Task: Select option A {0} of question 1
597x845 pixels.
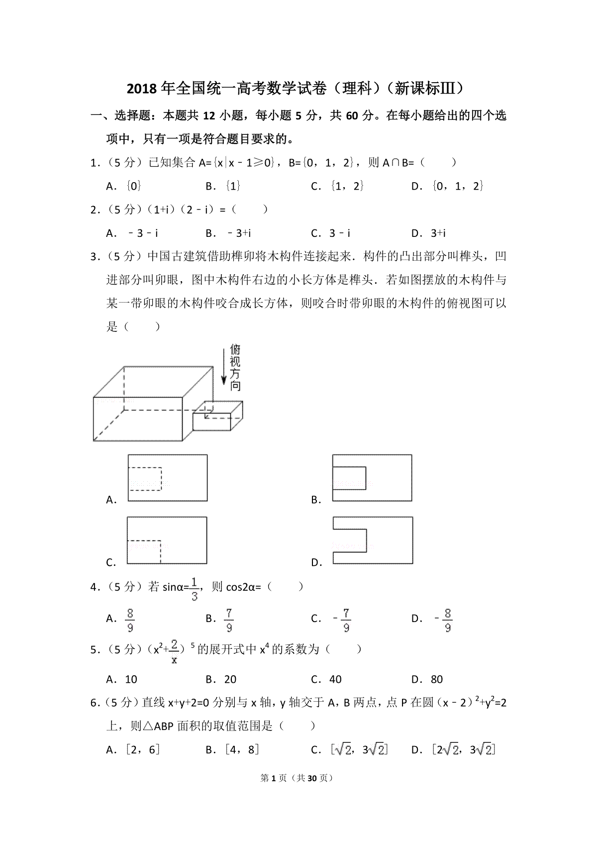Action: click(x=124, y=186)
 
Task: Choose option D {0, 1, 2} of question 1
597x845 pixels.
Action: click(x=450, y=186)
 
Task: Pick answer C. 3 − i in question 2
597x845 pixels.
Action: click(x=331, y=233)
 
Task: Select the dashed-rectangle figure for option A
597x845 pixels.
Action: click(x=167, y=478)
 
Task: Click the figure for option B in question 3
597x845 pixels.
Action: click(x=372, y=478)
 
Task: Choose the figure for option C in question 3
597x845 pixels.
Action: click(x=167, y=540)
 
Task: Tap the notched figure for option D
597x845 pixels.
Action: click(x=372, y=540)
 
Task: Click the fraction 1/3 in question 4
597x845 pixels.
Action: click(x=194, y=589)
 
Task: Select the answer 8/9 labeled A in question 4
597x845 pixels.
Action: click(x=130, y=620)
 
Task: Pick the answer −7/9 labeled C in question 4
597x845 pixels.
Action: click(x=343, y=620)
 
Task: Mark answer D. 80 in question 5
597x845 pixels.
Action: click(x=427, y=679)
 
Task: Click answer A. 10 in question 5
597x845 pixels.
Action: click(x=122, y=679)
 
